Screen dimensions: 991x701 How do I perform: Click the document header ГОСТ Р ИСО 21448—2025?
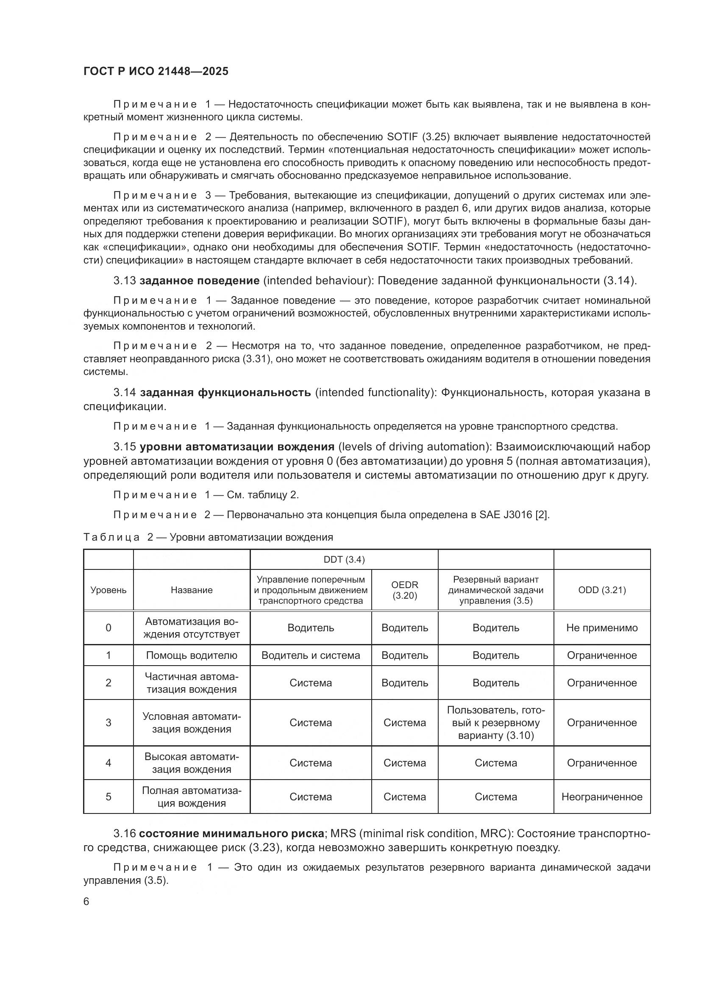click(x=156, y=71)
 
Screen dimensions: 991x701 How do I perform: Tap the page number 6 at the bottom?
click(x=86, y=902)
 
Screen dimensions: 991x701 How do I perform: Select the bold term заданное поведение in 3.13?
click(x=200, y=281)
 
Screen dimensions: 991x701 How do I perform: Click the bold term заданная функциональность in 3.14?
click(x=225, y=392)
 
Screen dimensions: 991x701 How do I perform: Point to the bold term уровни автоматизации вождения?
click(x=237, y=446)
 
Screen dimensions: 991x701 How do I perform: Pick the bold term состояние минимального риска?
click(x=231, y=833)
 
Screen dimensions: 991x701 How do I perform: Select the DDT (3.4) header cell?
click(x=344, y=560)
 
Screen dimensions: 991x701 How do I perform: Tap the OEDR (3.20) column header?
click(x=404, y=590)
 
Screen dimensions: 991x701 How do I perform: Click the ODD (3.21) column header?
click(x=602, y=590)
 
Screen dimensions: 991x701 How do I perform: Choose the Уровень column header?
click(x=108, y=590)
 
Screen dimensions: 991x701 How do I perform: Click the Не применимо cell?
click(x=602, y=628)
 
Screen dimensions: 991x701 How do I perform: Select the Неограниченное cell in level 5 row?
click(x=602, y=797)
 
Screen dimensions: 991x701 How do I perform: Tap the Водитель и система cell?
click(x=310, y=655)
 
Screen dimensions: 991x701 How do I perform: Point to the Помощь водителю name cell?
click(x=192, y=655)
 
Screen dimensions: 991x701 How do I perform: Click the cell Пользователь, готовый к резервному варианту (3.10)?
click(x=495, y=723)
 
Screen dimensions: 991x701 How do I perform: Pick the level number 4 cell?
click(x=108, y=763)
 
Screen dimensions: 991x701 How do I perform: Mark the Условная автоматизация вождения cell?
click(x=192, y=723)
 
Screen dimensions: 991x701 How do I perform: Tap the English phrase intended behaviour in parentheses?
click(x=317, y=281)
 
